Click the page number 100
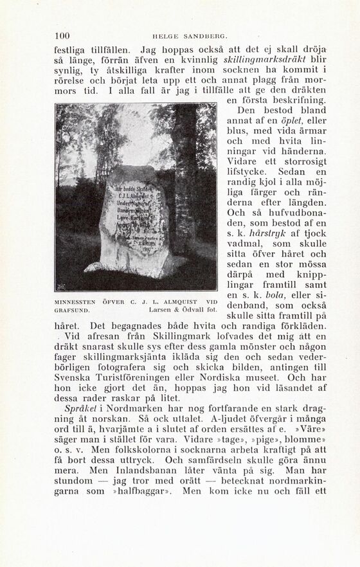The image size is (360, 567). pyautogui.click(x=62, y=36)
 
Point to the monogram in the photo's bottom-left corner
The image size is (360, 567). pyautogui.click(x=62, y=285)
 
